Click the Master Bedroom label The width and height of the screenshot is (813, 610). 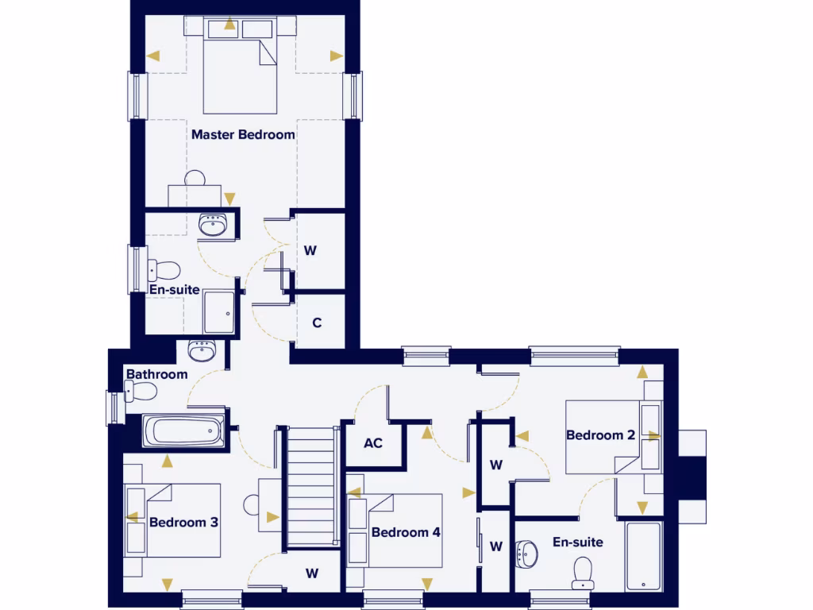tap(243, 134)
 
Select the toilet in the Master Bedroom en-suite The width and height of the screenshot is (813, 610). tap(164, 270)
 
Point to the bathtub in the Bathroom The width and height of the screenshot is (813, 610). tap(184, 432)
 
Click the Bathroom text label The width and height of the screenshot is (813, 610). tap(157, 374)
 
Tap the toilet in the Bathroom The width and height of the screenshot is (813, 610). tap(141, 392)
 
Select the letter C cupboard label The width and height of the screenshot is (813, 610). tap(317, 323)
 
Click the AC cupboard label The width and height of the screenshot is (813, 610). tap(373, 442)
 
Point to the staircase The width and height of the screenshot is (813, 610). tap(313, 486)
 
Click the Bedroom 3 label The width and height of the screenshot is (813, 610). tap(183, 523)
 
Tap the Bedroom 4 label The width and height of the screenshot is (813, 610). tap(406, 532)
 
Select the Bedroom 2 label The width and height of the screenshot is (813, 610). tap(600, 435)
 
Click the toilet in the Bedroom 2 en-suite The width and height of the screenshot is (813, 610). tap(583, 572)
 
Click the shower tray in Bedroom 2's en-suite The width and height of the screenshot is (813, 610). tap(643, 556)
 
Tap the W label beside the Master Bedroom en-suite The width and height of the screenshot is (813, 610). tap(310, 250)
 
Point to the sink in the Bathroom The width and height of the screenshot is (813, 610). tap(202, 349)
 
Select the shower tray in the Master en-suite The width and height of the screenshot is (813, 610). tap(219, 312)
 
